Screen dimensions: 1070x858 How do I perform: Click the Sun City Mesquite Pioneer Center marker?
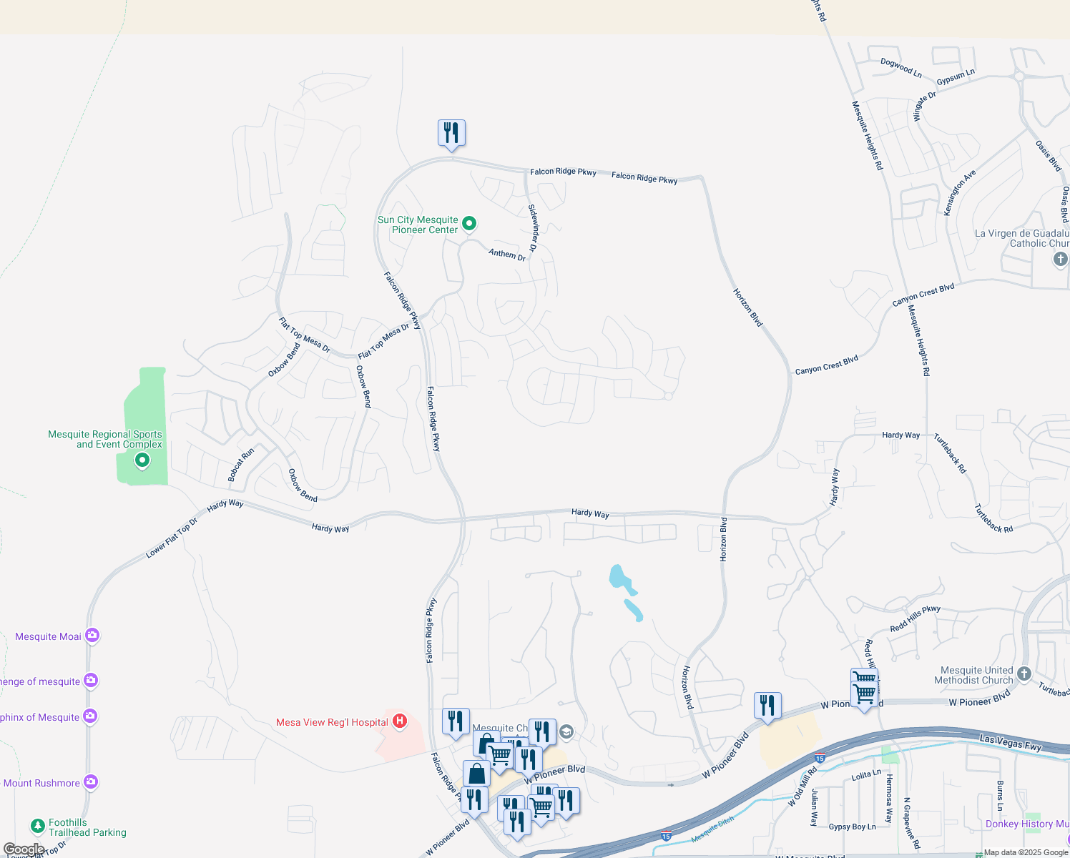pos(469,224)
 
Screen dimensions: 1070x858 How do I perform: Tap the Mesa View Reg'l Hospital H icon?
pos(400,721)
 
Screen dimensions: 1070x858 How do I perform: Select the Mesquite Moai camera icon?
pos(92,635)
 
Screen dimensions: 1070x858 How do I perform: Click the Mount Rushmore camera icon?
pos(90,782)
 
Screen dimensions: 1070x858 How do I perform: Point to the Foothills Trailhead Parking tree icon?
pos(38,827)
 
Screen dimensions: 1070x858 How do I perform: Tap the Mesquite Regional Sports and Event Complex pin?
pos(142,460)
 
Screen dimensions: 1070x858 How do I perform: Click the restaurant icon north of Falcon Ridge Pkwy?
pos(451,133)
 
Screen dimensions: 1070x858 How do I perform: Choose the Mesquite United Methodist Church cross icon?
pos(1024,674)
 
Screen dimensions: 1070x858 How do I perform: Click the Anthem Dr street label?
pos(507,254)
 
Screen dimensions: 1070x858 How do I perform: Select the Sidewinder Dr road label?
pos(533,227)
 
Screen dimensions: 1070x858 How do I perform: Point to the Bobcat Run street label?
pos(241,465)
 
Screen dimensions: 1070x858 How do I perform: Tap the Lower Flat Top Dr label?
pos(172,537)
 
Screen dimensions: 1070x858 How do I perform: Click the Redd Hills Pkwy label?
pos(915,618)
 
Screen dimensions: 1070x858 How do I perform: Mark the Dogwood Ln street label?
pos(900,68)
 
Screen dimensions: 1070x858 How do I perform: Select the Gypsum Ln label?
pos(956,77)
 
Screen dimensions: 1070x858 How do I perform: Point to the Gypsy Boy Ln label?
pos(852,827)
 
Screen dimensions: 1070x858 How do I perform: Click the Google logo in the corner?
pos(24,849)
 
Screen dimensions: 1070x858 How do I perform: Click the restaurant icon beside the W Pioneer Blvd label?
pos(767,706)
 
